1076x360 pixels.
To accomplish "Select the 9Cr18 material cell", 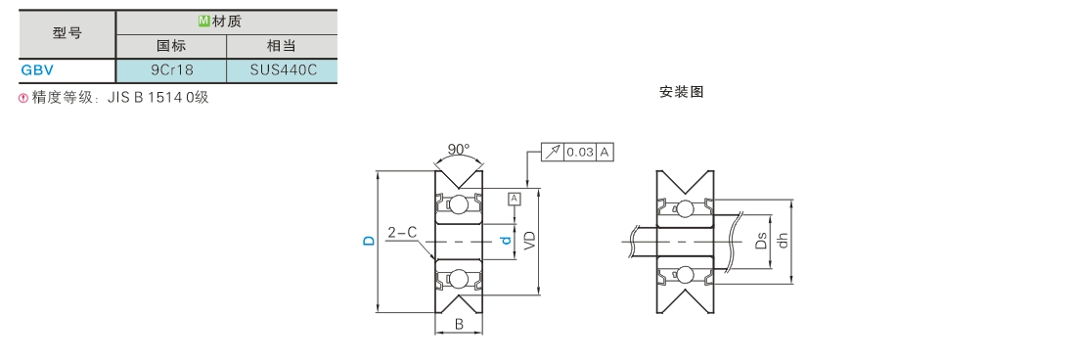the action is click(171, 69).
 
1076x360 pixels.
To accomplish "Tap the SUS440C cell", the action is click(282, 69).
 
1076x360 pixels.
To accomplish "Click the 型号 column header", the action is click(67, 33).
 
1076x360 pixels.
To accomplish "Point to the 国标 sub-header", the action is click(171, 47).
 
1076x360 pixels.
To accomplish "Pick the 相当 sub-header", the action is click(282, 47).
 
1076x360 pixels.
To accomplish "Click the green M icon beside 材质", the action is click(203, 22).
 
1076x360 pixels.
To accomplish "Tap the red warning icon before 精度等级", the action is click(24, 98).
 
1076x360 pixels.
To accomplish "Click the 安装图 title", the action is click(682, 92).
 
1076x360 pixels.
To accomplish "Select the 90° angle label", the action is click(459, 149).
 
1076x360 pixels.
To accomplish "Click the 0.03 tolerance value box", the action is click(580, 153).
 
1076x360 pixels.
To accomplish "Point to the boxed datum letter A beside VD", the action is click(515, 199).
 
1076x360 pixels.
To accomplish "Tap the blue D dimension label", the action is click(369, 241).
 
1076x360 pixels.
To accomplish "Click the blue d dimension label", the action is click(507, 241).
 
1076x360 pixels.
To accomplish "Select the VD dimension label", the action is click(530, 240).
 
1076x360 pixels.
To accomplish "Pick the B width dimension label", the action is click(459, 325).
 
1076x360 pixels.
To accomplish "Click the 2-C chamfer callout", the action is click(403, 233).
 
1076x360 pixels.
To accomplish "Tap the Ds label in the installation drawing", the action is click(760, 241).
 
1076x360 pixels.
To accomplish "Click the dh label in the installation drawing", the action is click(783, 241).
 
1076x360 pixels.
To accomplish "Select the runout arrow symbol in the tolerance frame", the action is click(553, 153).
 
